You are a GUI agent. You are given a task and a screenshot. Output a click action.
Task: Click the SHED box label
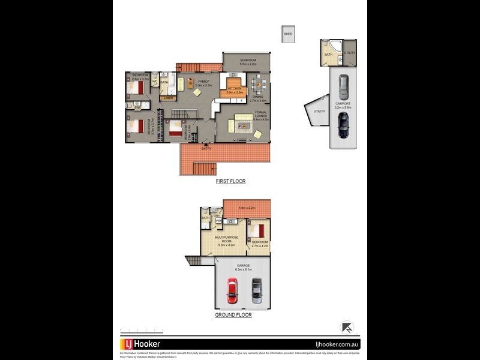(x=289, y=34)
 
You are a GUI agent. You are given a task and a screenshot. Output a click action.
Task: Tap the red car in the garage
(x=232, y=291)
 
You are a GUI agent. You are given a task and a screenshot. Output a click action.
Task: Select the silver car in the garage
(x=257, y=291)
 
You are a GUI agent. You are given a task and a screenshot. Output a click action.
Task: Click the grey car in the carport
(x=343, y=88)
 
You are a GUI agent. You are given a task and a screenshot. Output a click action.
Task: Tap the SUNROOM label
(x=248, y=61)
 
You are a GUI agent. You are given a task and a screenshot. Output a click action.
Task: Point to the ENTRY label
(x=206, y=149)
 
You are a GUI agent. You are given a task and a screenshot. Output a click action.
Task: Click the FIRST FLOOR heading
(x=231, y=181)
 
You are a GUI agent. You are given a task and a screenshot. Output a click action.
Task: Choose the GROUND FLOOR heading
(x=233, y=314)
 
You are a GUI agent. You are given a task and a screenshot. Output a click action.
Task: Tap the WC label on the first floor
(x=154, y=81)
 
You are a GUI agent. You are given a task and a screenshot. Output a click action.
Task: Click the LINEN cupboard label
(x=168, y=98)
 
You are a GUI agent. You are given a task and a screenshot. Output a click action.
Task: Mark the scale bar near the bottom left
(x=142, y=329)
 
